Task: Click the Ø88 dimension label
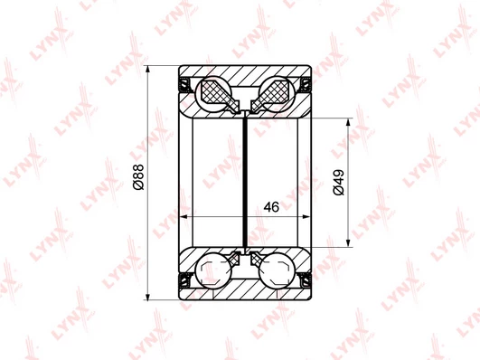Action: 138,176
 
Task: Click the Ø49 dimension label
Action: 339,183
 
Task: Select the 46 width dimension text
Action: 271,207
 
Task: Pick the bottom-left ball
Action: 214,270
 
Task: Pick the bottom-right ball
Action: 276,270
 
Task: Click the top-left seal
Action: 184,84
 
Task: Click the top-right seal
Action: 306,84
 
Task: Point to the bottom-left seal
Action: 184,280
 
